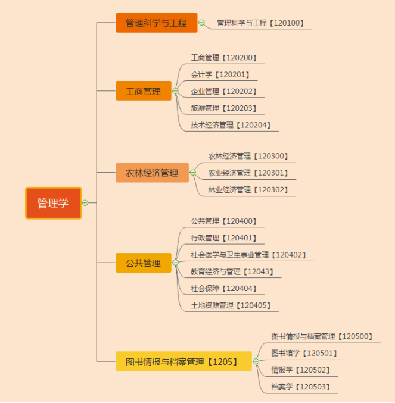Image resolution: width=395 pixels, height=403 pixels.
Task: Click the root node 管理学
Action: coord(53,203)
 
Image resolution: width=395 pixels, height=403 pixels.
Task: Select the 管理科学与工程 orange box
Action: coord(156,23)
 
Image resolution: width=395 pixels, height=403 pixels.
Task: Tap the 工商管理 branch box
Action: coord(143,91)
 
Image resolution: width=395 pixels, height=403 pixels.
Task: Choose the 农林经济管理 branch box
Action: coord(152,173)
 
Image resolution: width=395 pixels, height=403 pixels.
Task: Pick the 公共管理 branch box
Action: coord(143,263)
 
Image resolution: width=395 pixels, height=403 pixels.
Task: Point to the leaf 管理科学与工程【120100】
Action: coord(260,23)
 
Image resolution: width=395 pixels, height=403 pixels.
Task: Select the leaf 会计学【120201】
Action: coord(220,75)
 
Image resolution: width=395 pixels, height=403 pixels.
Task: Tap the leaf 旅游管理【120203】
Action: coord(223,108)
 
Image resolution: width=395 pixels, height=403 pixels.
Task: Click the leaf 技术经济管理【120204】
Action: coord(231,125)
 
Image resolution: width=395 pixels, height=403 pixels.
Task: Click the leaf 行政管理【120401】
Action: coord(223,238)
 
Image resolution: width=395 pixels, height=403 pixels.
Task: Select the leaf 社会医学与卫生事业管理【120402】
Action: coord(248,255)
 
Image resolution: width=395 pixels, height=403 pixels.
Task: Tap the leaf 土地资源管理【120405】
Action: coord(231,305)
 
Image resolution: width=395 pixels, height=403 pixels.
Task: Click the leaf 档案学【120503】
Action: coord(300,387)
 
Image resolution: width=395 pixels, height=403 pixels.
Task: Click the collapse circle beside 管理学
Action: coord(85,203)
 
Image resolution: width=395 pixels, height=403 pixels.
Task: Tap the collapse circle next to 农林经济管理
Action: coord(192,173)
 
